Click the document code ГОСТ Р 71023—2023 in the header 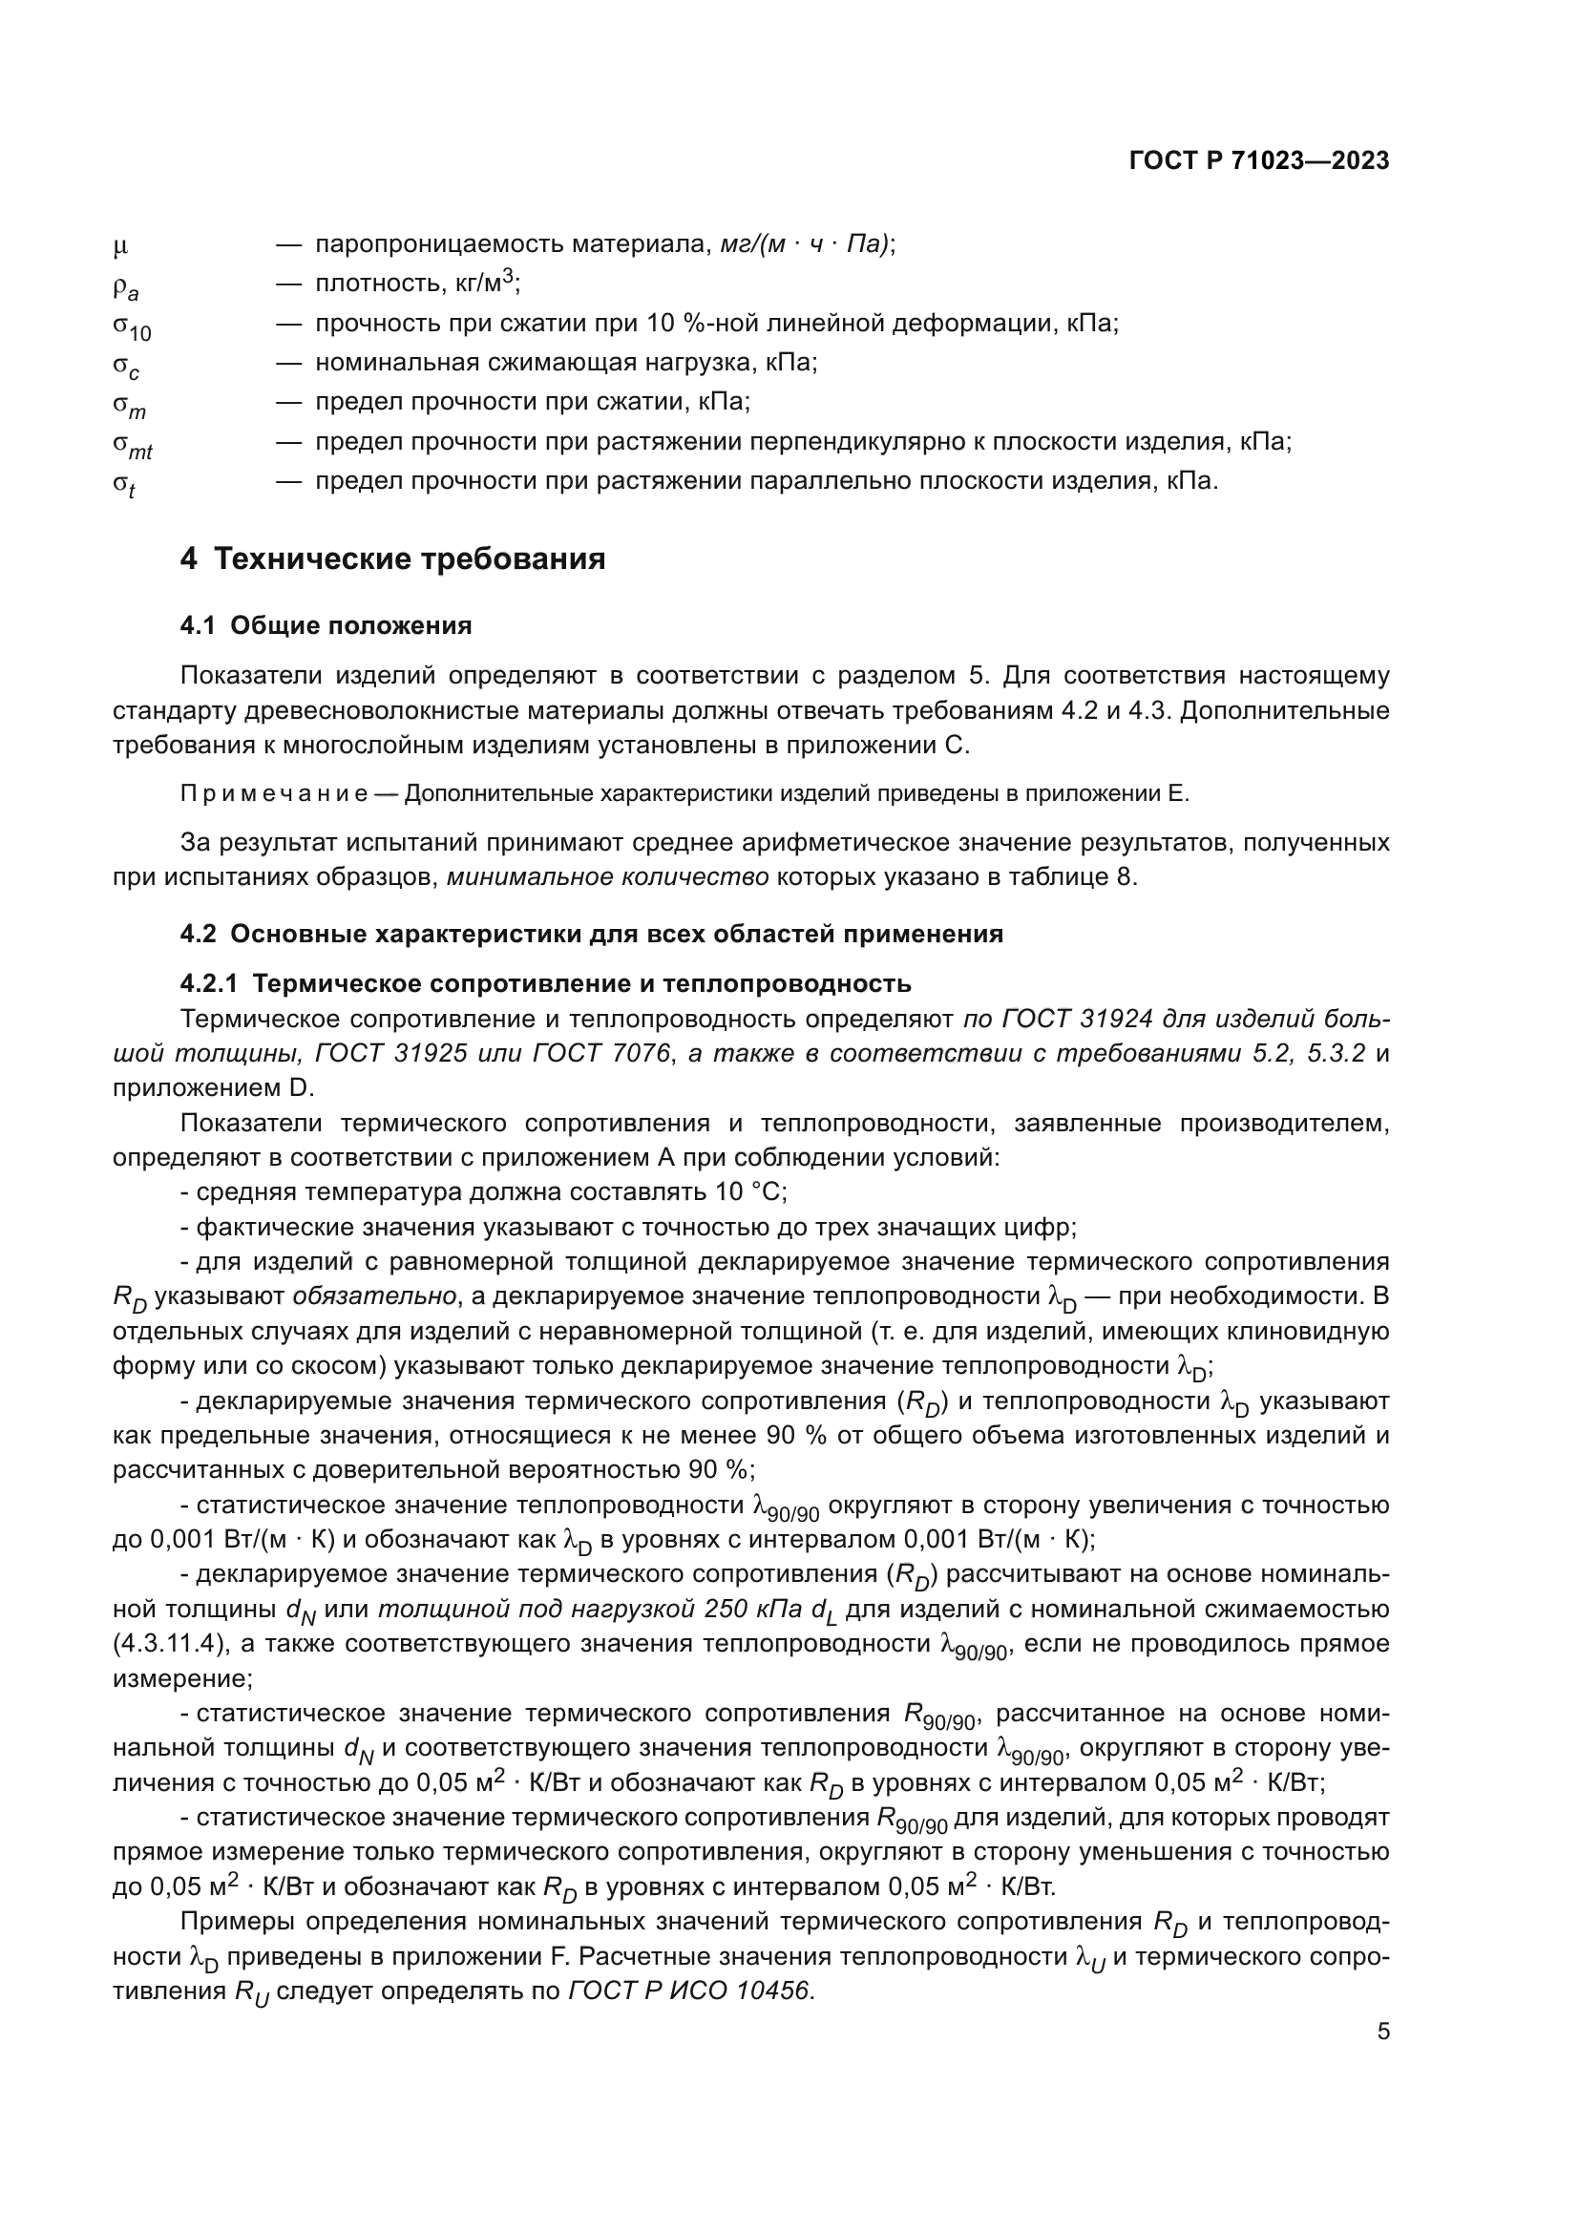1259,161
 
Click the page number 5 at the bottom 1382,2031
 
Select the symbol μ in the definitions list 120,247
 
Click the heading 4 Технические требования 392,559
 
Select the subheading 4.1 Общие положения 326,625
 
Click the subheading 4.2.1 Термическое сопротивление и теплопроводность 545,983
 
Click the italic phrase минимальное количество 608,876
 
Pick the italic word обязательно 374,1296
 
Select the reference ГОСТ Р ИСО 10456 689,1991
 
